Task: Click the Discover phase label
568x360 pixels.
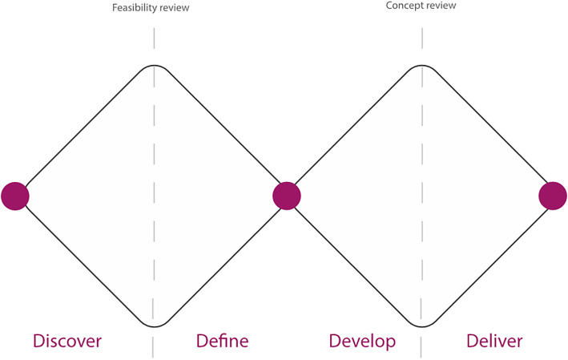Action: (x=67, y=341)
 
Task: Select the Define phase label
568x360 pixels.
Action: (x=222, y=341)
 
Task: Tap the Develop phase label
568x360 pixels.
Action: (x=362, y=341)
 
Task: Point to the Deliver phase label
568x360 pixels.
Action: (x=494, y=341)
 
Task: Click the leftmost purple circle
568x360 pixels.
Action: (x=14, y=196)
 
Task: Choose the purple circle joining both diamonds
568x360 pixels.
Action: (x=286, y=196)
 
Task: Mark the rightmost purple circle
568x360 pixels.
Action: (x=553, y=196)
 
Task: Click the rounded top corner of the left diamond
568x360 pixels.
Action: (x=154, y=66)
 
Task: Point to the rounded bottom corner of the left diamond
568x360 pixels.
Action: (x=154, y=326)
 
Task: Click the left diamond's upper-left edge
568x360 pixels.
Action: (x=84, y=128)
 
